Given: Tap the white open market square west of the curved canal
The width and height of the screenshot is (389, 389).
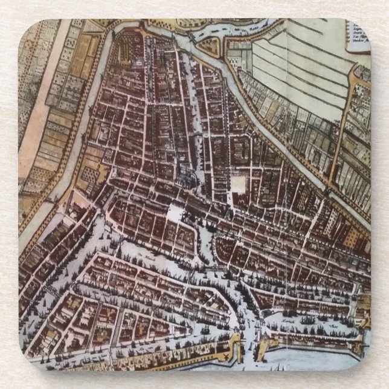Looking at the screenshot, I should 177,213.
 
